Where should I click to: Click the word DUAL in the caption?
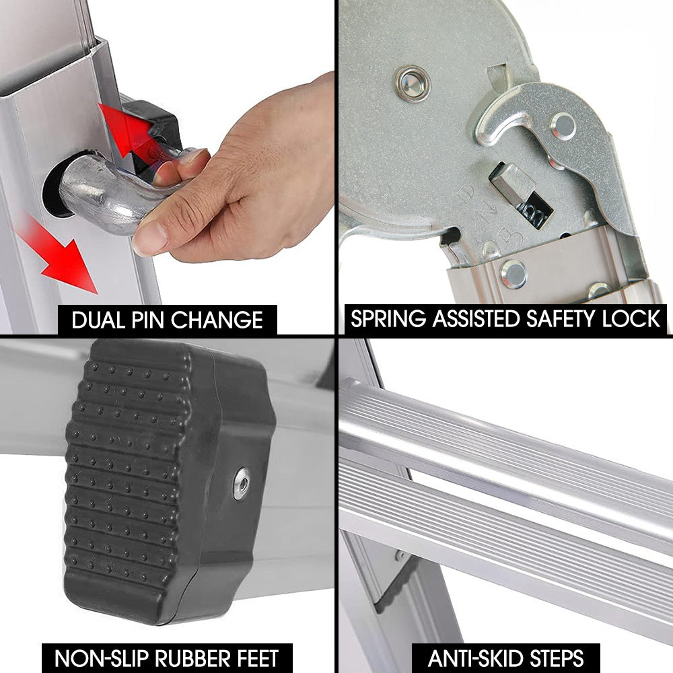[x=98, y=320]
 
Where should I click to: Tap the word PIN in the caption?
[x=147, y=320]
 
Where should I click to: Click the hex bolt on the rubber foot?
[x=241, y=483]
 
